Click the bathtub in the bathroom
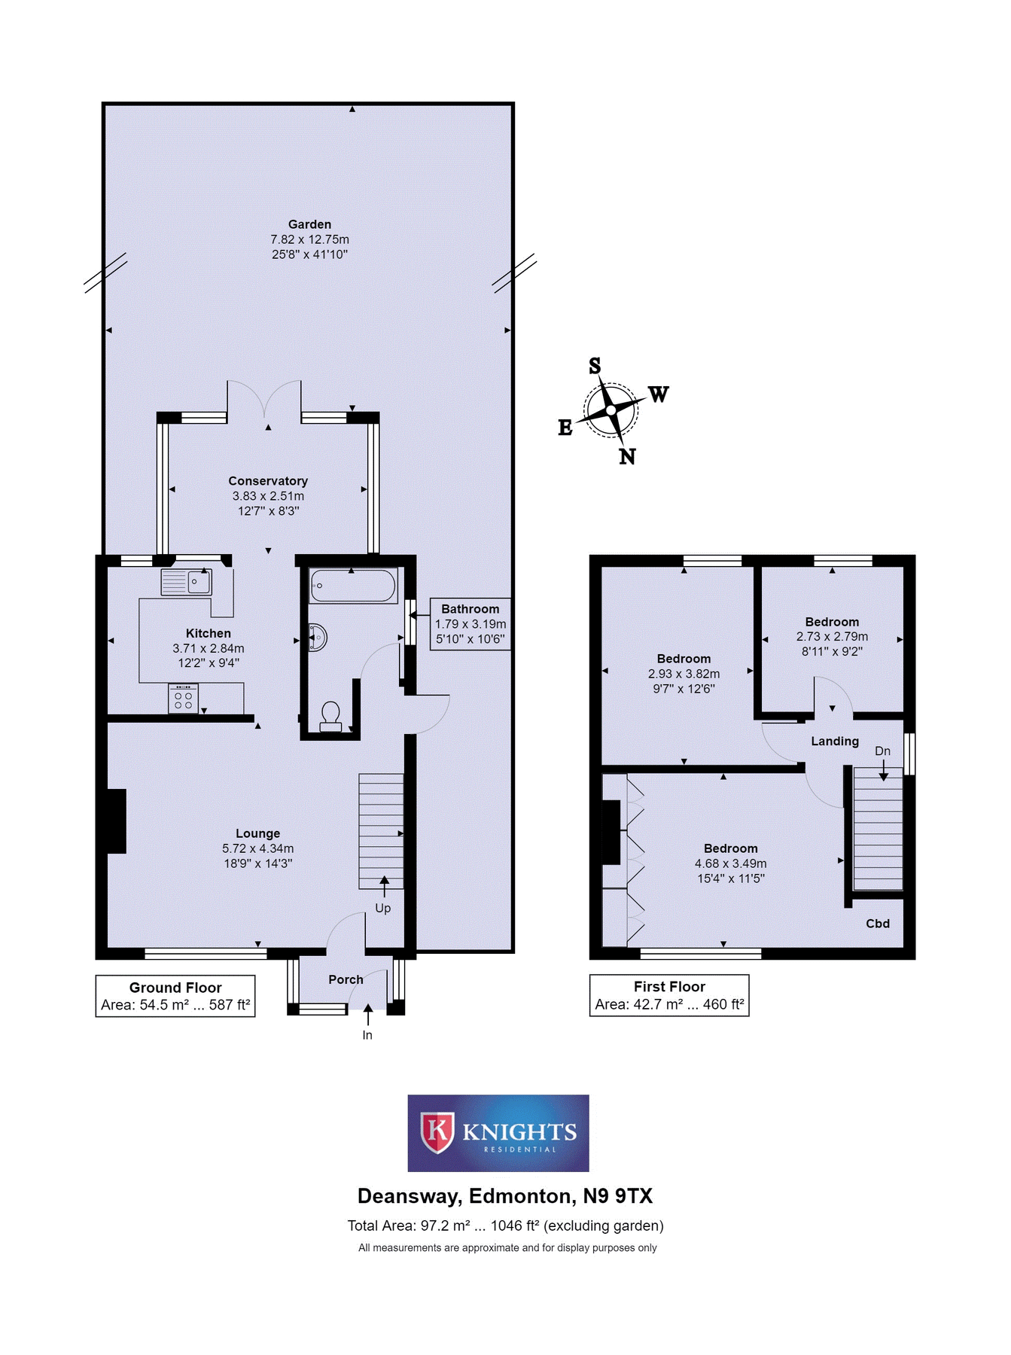point(353,586)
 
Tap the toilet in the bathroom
point(330,716)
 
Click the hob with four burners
point(183,699)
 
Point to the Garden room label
point(309,224)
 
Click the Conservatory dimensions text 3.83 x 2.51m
point(268,496)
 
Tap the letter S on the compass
point(595,367)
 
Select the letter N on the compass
point(627,456)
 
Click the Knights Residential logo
point(498,1133)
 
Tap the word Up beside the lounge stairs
point(382,908)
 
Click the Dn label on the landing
point(882,751)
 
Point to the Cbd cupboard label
point(878,924)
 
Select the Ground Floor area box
point(175,996)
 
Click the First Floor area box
point(669,995)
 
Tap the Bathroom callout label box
point(470,624)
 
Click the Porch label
point(346,979)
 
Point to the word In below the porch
point(367,1035)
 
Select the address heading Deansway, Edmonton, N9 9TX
point(505,1196)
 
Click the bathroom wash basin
point(318,638)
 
